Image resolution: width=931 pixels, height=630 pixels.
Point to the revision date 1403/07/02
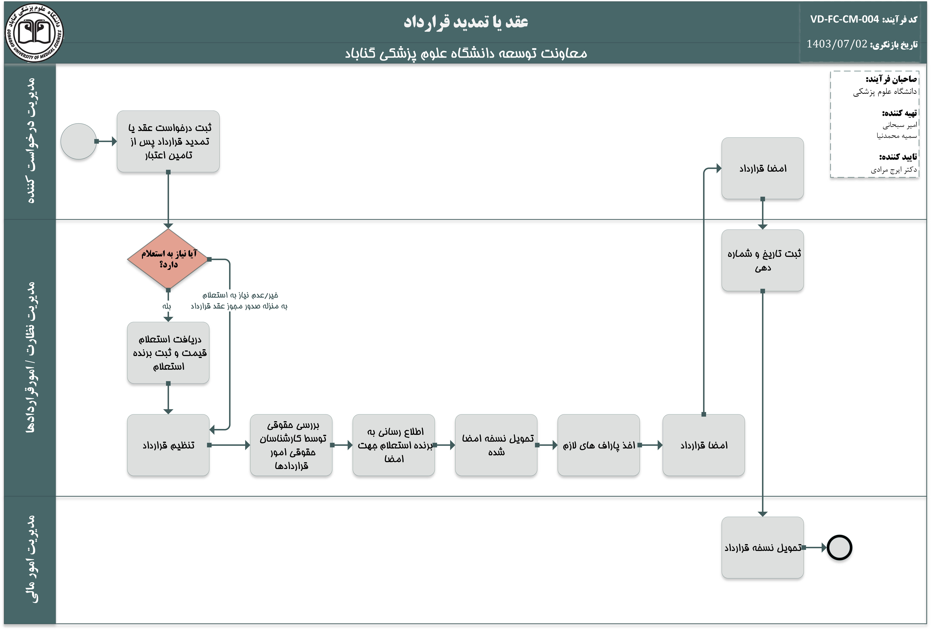click(x=836, y=44)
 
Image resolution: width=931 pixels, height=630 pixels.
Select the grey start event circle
click(x=79, y=141)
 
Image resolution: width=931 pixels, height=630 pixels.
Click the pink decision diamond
click(x=168, y=259)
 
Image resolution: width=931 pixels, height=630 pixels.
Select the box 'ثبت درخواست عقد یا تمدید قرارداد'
click(x=168, y=141)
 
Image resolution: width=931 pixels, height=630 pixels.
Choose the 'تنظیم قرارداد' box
click(x=168, y=445)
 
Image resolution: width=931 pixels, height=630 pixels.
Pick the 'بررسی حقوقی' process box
click(x=291, y=445)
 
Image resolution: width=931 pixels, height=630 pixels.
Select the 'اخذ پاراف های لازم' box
click(x=598, y=445)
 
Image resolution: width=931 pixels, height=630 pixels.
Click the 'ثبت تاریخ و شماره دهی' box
click(x=762, y=260)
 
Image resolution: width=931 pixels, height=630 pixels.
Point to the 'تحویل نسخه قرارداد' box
click(x=762, y=547)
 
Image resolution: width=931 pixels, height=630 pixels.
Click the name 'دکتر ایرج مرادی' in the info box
click(x=893, y=170)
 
